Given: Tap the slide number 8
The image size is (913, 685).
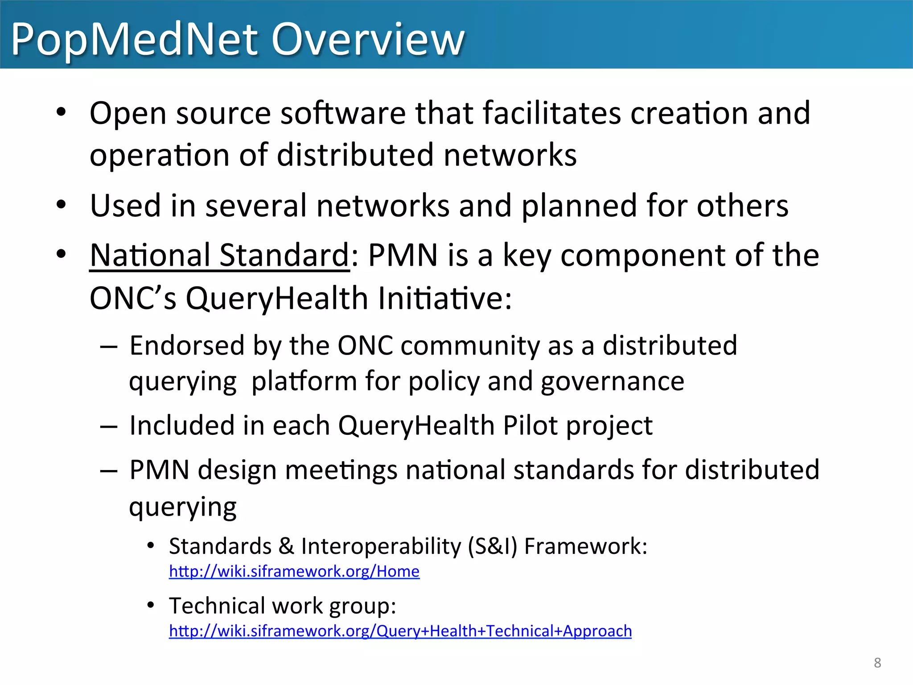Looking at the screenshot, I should [877, 663].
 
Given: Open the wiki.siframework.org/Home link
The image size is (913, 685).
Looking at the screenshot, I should [294, 571].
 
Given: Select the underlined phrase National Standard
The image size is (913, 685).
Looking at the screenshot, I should [220, 255].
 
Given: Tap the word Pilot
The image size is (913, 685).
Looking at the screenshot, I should [530, 425].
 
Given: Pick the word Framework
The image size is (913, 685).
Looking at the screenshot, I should [585, 546].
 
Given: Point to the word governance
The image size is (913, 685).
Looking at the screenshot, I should [613, 381].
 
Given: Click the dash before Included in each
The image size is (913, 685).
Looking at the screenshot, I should [109, 427].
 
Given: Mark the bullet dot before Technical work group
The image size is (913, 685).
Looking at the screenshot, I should [151, 605].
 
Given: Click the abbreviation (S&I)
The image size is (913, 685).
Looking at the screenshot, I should [492, 546].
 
